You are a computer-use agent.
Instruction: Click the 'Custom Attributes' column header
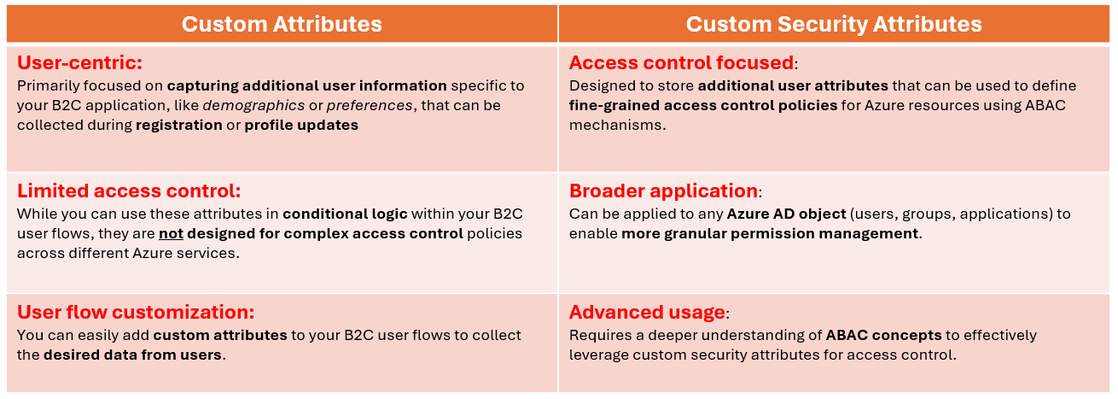(x=282, y=24)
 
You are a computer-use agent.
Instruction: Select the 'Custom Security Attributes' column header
(x=834, y=24)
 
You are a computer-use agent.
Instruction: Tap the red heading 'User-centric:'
(x=79, y=63)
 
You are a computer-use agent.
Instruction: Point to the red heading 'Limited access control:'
(x=129, y=191)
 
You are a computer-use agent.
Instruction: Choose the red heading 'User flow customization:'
(x=136, y=312)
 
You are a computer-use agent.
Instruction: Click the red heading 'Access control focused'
(x=681, y=63)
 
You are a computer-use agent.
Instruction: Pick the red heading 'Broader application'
(x=663, y=191)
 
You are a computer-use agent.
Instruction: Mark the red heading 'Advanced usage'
(x=647, y=312)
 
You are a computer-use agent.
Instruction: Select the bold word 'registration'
(x=179, y=125)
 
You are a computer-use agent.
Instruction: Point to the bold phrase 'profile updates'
(x=301, y=125)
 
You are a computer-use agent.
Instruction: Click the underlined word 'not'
(x=171, y=233)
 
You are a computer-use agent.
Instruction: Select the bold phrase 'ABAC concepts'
(x=883, y=335)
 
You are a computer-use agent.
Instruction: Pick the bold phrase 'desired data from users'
(x=132, y=355)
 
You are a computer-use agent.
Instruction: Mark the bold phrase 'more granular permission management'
(x=771, y=233)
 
